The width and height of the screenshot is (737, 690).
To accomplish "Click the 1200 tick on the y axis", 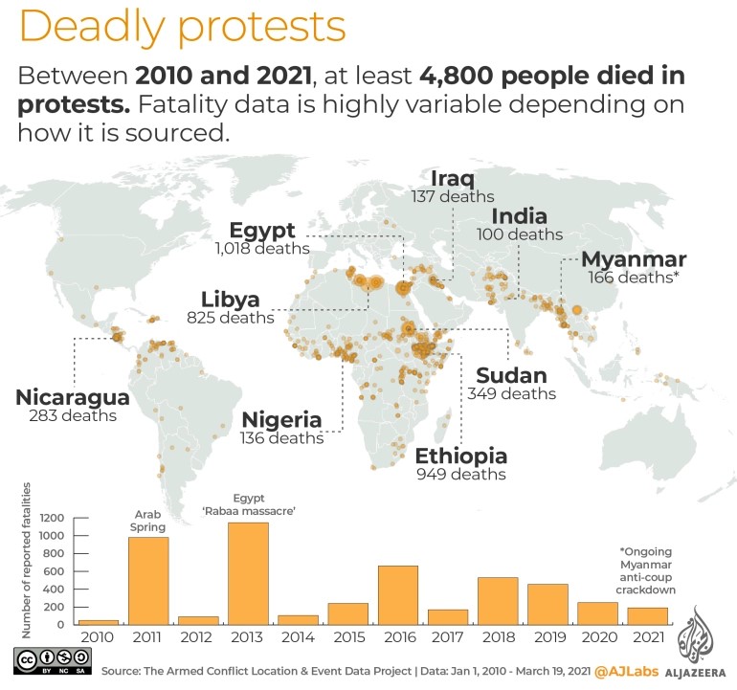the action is coord(54,518).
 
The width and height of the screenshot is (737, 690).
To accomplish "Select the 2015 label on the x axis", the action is coord(347,636).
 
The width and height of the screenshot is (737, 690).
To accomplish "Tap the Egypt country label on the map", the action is coord(262,231).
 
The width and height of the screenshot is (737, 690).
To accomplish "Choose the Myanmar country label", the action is coord(634,259).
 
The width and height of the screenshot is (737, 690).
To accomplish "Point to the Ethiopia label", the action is coord(460,456).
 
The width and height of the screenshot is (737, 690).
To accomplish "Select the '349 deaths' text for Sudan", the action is coord(511,393).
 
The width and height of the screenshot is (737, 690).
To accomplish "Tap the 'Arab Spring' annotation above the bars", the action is coord(148,520).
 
